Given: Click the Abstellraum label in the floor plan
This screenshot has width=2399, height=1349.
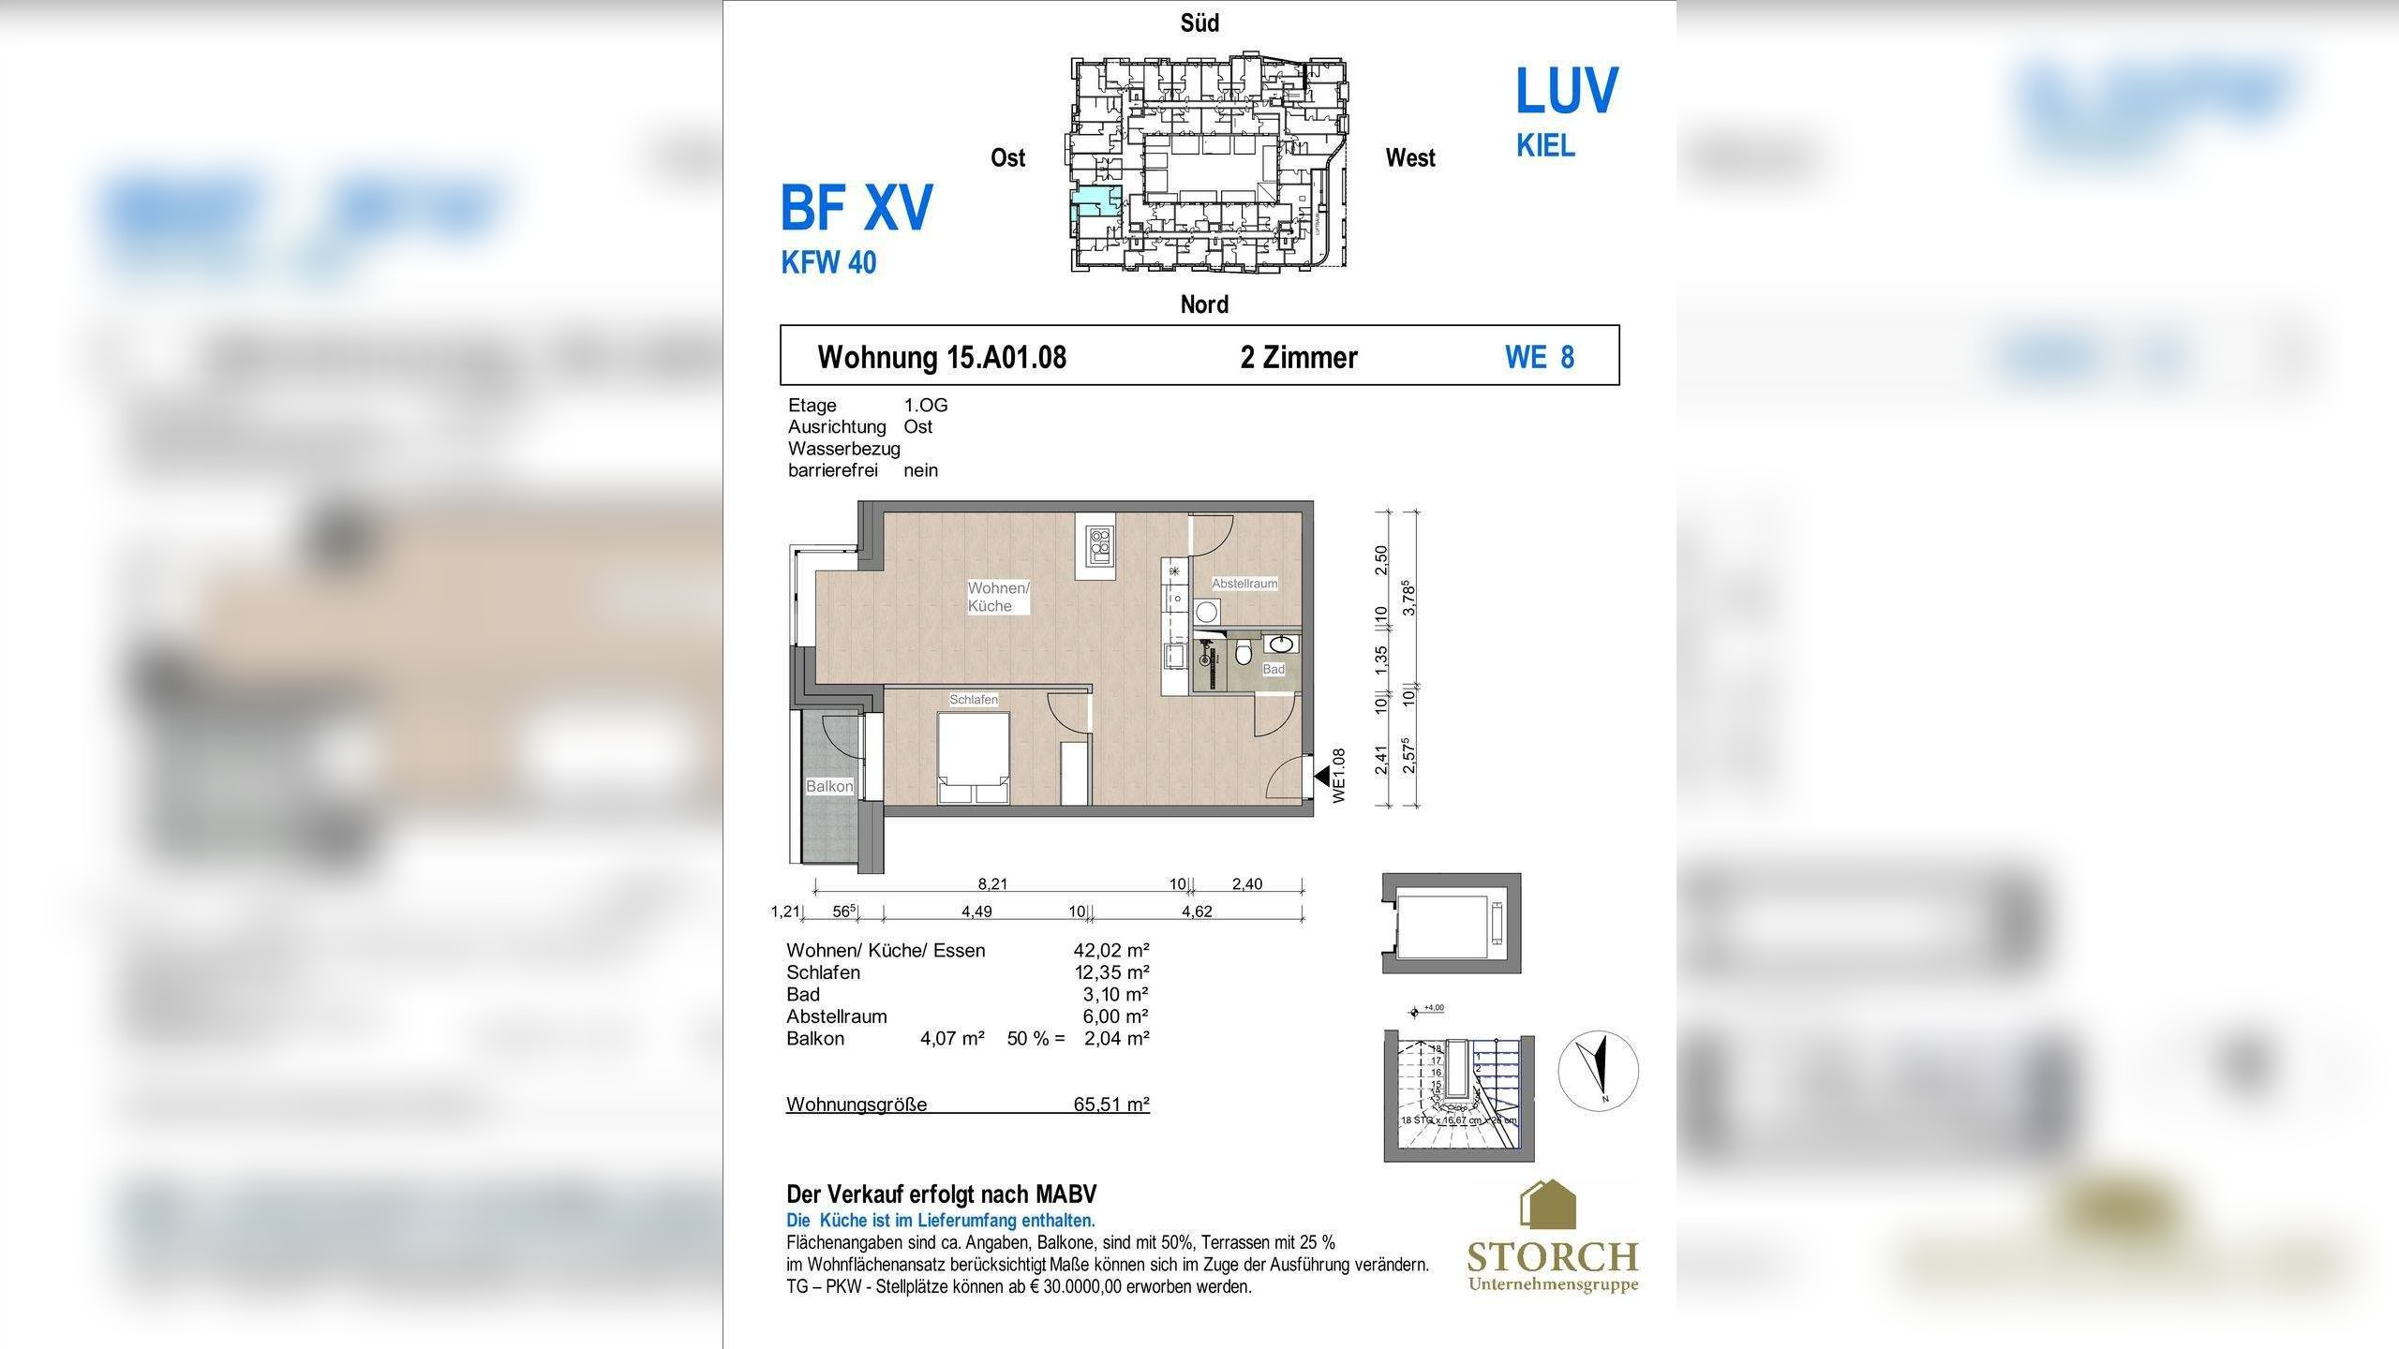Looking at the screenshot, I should pyautogui.click(x=1244, y=584).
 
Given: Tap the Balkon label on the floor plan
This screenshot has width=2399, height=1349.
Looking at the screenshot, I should pyautogui.click(x=829, y=786).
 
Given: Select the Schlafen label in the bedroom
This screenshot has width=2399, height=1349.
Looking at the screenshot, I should pyautogui.click(x=974, y=700).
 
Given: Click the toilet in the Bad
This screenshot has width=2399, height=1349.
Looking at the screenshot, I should pyautogui.click(x=1244, y=653).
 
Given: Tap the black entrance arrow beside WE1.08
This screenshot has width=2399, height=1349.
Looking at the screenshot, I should pyautogui.click(x=1321, y=777).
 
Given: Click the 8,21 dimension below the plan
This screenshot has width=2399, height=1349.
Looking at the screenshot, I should pyautogui.click(x=992, y=883).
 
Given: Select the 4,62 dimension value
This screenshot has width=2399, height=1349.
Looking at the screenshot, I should pyautogui.click(x=1197, y=911).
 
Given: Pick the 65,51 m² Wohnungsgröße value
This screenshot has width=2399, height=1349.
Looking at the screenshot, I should pyautogui.click(x=1111, y=1104).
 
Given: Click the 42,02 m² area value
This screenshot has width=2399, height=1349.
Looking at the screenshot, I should pyautogui.click(x=1111, y=950).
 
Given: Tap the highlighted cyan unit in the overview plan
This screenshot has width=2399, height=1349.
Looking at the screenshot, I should pyautogui.click(x=1093, y=203).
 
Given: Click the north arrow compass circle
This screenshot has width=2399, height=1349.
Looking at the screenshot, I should pyautogui.click(x=1599, y=1071).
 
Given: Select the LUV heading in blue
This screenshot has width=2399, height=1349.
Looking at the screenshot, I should pyautogui.click(x=1567, y=91).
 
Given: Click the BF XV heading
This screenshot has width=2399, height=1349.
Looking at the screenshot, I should pyautogui.click(x=857, y=208).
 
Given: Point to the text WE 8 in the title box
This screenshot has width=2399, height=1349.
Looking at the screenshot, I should pyautogui.click(x=1540, y=357).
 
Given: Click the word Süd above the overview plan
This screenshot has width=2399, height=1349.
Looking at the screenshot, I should pyautogui.click(x=1199, y=23).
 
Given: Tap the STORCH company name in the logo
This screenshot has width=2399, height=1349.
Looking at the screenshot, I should pyautogui.click(x=1552, y=1256).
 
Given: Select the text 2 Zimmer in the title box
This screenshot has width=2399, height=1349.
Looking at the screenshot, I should pyautogui.click(x=1299, y=357).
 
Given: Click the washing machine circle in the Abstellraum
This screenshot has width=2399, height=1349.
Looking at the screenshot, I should pyautogui.click(x=1206, y=613).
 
